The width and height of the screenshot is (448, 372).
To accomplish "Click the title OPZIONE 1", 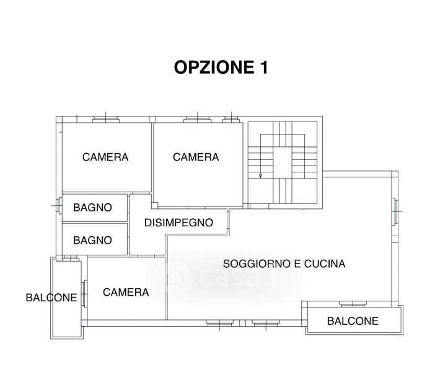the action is click(x=221, y=68).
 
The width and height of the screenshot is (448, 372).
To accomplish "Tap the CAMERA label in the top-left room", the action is click(x=105, y=157).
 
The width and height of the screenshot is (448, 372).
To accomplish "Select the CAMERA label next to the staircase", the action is click(x=196, y=157).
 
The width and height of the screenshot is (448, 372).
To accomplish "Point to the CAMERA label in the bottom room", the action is click(x=126, y=292).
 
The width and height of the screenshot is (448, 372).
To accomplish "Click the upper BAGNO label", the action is click(x=92, y=208).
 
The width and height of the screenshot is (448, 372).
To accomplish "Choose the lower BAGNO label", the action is click(x=92, y=240).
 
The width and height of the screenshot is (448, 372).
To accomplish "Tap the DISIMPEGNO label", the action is click(x=179, y=223).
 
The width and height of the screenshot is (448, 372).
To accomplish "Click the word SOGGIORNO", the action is click(x=257, y=263).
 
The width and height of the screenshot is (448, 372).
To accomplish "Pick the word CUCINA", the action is click(x=325, y=263).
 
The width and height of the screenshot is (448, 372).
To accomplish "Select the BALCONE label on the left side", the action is click(x=51, y=298).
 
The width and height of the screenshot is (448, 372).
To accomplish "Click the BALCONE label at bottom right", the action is click(x=353, y=321).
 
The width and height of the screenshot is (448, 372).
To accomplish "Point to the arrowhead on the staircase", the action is click(x=260, y=175).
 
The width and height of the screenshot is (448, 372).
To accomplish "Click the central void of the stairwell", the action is click(x=283, y=162).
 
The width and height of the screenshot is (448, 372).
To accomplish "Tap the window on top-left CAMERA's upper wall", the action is click(x=106, y=119).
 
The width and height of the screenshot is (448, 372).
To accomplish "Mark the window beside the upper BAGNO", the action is click(x=59, y=205).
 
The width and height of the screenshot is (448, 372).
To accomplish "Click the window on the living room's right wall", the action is click(x=395, y=211).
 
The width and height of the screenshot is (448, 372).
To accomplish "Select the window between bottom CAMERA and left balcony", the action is click(x=84, y=294).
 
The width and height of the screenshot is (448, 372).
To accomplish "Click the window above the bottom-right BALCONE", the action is click(x=353, y=304).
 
